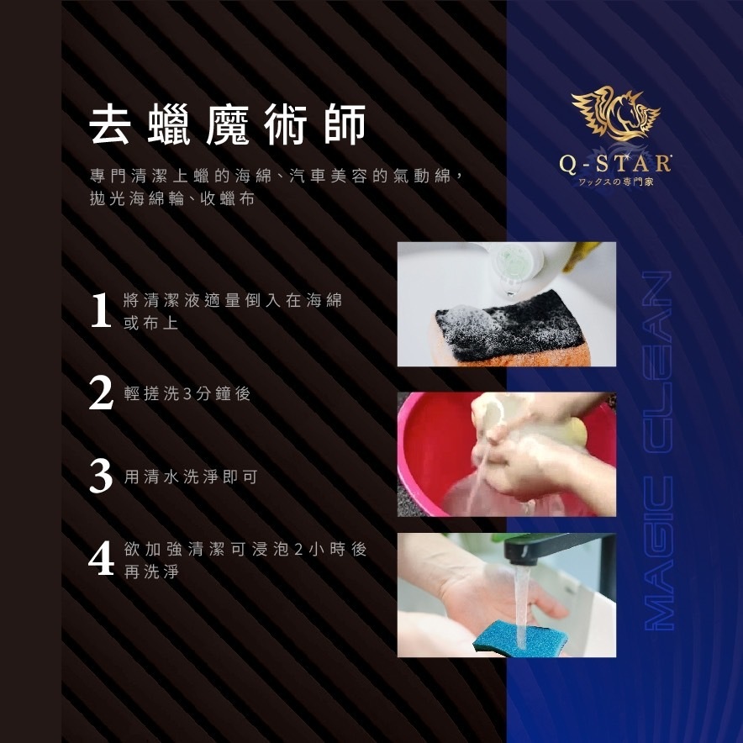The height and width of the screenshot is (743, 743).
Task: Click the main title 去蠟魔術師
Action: click(x=228, y=124)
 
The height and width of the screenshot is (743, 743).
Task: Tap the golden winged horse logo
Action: click(x=615, y=113)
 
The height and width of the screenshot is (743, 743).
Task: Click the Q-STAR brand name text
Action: click(x=615, y=164)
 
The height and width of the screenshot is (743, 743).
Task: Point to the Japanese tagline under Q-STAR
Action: click(x=614, y=182)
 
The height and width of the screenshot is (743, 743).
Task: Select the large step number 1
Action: click(x=101, y=310)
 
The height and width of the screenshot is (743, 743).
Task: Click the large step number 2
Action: click(x=101, y=393)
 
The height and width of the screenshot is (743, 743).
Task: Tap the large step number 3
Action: click(x=101, y=476)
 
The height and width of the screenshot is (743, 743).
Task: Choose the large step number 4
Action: click(x=101, y=559)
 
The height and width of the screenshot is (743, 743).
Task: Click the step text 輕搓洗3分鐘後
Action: click(x=187, y=393)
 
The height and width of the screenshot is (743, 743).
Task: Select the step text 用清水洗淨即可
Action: click(x=191, y=477)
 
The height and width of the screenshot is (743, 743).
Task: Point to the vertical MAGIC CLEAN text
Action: click(x=659, y=451)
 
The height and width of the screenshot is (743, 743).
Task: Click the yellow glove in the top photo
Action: click(x=581, y=254)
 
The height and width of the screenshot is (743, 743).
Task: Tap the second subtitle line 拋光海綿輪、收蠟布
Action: click(x=172, y=199)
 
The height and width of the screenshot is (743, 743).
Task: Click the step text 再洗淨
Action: click(x=151, y=572)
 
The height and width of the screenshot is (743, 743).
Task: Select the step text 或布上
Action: click(x=150, y=323)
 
